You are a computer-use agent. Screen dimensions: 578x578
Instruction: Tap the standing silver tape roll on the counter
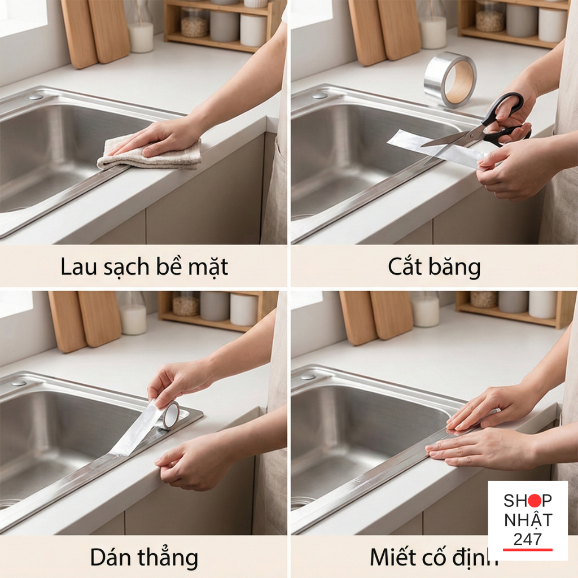click(x=450, y=79)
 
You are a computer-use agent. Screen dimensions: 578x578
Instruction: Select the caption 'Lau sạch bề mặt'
click(x=144, y=267)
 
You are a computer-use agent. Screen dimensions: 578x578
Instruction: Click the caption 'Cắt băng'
click(x=434, y=267)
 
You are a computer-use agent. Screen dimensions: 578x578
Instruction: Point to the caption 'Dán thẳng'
click(x=144, y=558)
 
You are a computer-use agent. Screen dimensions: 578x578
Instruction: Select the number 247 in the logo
click(x=527, y=538)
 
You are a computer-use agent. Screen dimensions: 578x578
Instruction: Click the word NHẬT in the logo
click(x=528, y=520)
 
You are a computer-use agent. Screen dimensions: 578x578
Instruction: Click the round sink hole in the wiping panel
click(x=36, y=97)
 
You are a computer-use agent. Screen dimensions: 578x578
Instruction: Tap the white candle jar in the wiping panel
click(x=141, y=37)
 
